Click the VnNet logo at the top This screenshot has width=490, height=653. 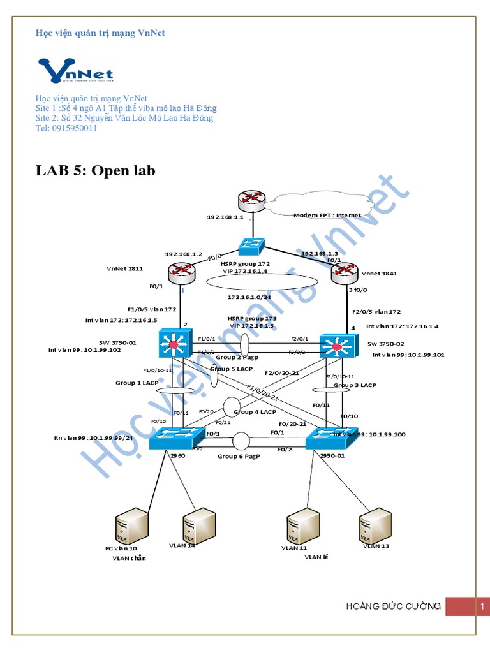77,71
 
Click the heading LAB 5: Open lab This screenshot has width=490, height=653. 96,170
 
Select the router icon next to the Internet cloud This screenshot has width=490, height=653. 250,200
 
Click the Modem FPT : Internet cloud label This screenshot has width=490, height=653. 327,216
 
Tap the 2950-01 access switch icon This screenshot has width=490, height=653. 325,439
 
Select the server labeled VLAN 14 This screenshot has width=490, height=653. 197,524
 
